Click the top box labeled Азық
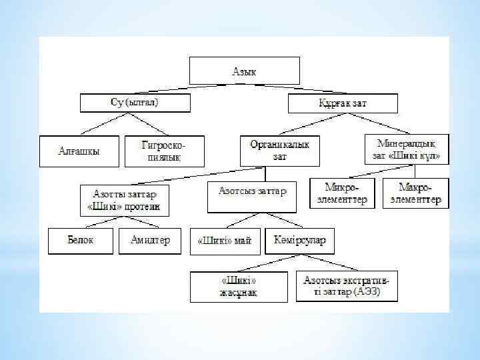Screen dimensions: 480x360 coord(244,70)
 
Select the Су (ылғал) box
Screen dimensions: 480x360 coord(135,103)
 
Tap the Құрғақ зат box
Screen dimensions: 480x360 coord(343,103)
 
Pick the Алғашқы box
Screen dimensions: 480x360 coord(79,151)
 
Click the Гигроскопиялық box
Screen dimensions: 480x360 coord(163,151)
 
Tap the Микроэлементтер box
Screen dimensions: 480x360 coord(343,193)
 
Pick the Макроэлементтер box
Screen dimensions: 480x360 coord(415,193)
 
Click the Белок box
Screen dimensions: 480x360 coord(79,241)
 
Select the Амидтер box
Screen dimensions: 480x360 coord(150,241)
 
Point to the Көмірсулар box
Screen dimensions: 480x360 coord(300,241)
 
